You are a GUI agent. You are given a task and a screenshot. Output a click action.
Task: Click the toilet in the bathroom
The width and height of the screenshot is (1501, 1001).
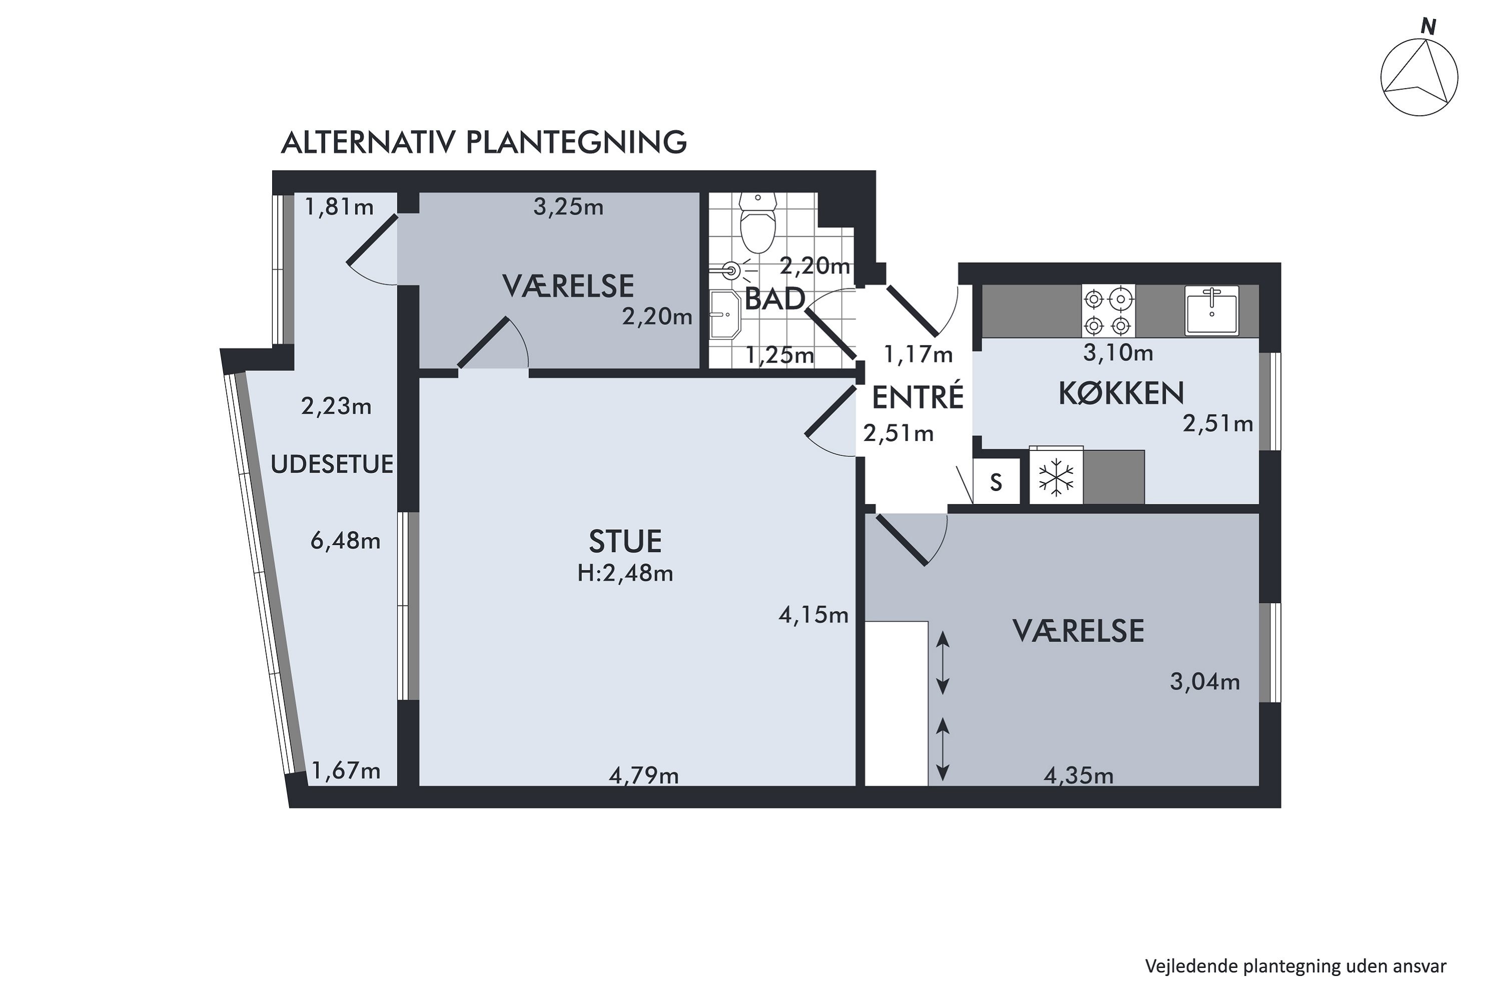[x=758, y=227]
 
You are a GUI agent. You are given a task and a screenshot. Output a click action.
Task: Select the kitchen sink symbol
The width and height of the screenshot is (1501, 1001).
[x=1211, y=311]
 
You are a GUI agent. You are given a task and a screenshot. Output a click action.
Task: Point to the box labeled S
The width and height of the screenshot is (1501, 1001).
[x=996, y=482]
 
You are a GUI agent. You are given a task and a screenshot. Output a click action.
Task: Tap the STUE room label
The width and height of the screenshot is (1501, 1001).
[x=625, y=542]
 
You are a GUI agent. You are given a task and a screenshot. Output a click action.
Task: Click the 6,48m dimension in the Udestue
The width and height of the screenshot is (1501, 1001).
[x=345, y=542]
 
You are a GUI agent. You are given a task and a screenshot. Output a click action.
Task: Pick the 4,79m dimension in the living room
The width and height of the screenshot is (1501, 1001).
[x=643, y=776]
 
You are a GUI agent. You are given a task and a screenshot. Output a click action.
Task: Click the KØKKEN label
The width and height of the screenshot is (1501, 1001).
[x=1121, y=394]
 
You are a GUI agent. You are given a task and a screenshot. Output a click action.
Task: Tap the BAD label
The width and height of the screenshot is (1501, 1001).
[x=774, y=299]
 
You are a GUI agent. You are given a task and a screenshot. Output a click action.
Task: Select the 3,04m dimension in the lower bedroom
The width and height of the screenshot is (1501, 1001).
[x=1204, y=682]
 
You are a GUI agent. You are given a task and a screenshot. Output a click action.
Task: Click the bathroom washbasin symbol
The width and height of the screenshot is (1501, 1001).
[x=725, y=315]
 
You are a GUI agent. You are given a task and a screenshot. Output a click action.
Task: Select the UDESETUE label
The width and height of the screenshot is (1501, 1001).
[x=332, y=465]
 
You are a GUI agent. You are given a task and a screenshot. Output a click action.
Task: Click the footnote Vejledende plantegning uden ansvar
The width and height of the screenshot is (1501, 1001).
[x=1295, y=966]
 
